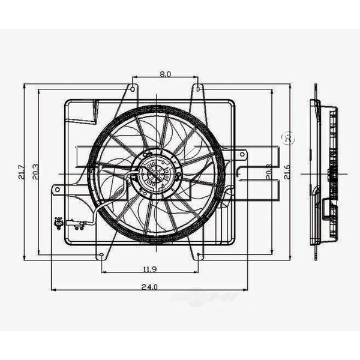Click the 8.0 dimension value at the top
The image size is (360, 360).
166,74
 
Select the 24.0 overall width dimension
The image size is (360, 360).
150,286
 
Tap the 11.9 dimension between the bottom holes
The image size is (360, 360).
150,268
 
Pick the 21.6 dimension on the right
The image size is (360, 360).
289,173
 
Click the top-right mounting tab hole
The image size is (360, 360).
197,89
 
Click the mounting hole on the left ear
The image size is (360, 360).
57,190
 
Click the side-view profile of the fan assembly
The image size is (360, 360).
324,174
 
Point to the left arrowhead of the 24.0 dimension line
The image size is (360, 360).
55,290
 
